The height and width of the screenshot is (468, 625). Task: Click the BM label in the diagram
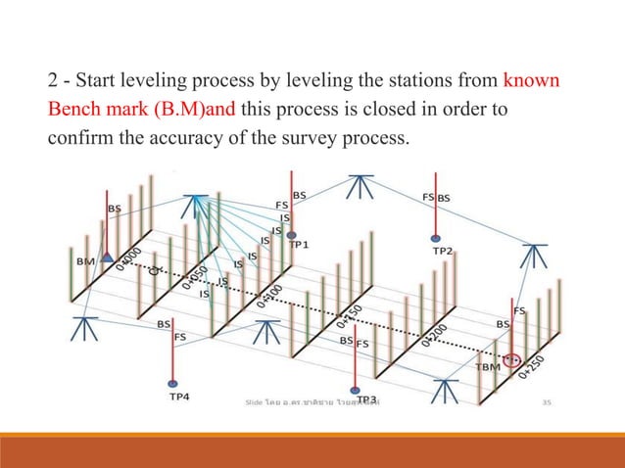pyautogui.click(x=85, y=261)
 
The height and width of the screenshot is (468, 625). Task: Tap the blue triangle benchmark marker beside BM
pyautogui.click(x=107, y=257)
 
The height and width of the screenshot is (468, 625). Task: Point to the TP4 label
pyautogui.click(x=179, y=397)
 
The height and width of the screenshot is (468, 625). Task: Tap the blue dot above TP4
pyautogui.click(x=173, y=383)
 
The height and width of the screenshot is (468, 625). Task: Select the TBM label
pyautogui.click(x=487, y=366)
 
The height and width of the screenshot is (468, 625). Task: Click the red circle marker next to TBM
pyautogui.click(x=509, y=359)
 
